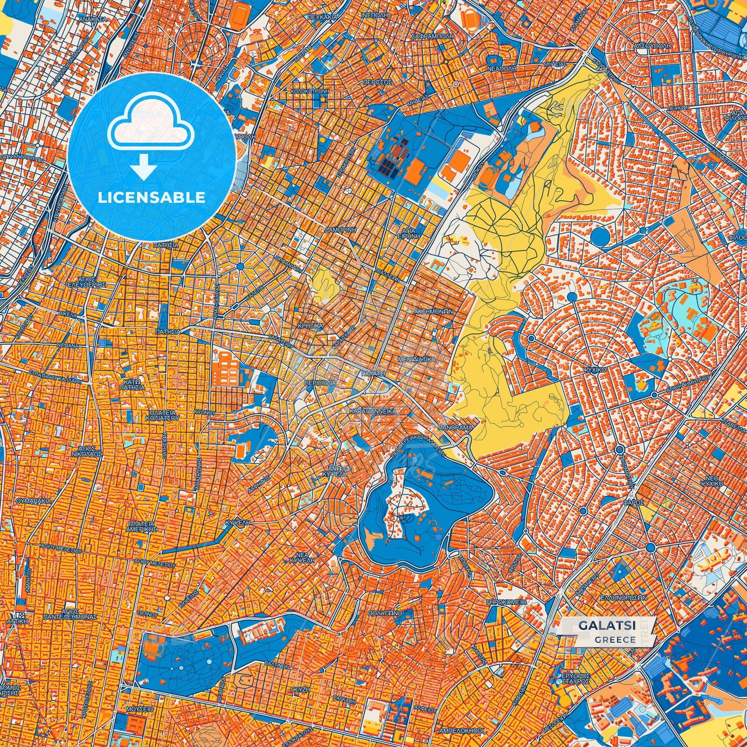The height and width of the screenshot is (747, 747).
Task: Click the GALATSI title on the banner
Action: tap(607, 625)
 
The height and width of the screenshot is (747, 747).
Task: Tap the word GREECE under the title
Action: tap(615, 639)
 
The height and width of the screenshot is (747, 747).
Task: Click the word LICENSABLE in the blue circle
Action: tap(151, 197)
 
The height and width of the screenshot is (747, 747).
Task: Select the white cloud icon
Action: tap(150, 126)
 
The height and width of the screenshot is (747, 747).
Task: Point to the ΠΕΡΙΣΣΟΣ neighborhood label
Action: tap(377, 82)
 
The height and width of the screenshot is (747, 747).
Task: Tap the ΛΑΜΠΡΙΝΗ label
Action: tap(339, 228)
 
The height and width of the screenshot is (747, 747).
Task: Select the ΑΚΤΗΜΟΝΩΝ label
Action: tap(433, 312)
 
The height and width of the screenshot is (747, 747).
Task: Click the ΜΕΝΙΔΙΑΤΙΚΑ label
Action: tap(417, 359)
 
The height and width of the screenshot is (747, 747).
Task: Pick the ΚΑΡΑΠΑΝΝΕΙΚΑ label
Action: tap(373, 411)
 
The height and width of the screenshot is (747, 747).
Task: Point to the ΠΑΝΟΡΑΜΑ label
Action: tap(455, 428)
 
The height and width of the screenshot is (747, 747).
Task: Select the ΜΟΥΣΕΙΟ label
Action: tap(140, 709)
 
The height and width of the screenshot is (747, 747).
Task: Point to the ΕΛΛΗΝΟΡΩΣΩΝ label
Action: tap(623, 597)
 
